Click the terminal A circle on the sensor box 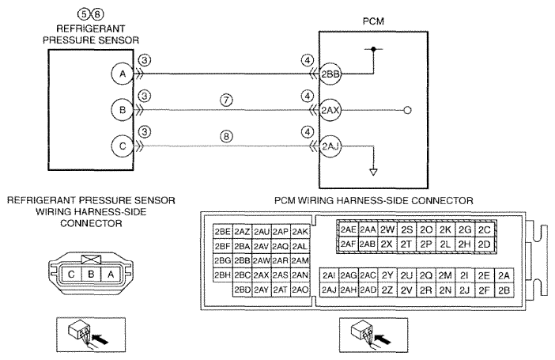coord(123,74)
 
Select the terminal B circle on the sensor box coord(123,110)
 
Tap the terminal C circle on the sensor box coord(123,146)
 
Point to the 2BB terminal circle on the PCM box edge coord(330,74)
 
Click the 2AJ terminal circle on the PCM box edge coord(330,146)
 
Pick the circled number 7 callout coord(226,100)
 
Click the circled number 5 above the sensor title coord(84,15)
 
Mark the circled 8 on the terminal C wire coord(226,136)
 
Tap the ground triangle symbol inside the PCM coord(373,172)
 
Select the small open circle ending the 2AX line coord(407,110)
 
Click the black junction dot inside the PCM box coord(373,49)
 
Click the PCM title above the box coord(373,21)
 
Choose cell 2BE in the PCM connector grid coord(222,231)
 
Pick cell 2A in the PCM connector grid coord(504,275)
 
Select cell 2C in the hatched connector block coord(484,229)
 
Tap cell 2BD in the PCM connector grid coord(243,290)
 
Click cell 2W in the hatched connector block coord(387,229)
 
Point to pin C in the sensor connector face coord(71,275)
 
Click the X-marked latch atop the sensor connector coord(91,259)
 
